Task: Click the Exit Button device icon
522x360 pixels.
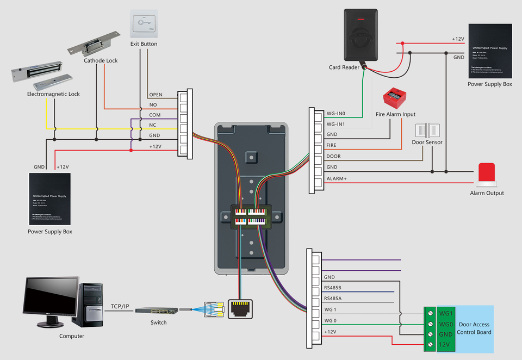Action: (144, 23)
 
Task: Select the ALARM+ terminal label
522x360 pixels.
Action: (337, 178)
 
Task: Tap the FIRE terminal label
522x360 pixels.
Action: (331, 146)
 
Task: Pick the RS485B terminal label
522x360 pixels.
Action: (332, 288)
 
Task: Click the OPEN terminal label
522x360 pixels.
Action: (156, 95)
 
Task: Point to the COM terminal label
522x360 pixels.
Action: (154, 115)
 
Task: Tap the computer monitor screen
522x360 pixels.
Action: (51, 296)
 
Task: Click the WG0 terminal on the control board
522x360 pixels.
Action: (446, 324)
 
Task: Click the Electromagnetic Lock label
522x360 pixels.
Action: (53, 94)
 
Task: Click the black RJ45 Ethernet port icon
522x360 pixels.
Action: (241, 309)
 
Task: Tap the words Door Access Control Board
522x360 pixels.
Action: (474, 328)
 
